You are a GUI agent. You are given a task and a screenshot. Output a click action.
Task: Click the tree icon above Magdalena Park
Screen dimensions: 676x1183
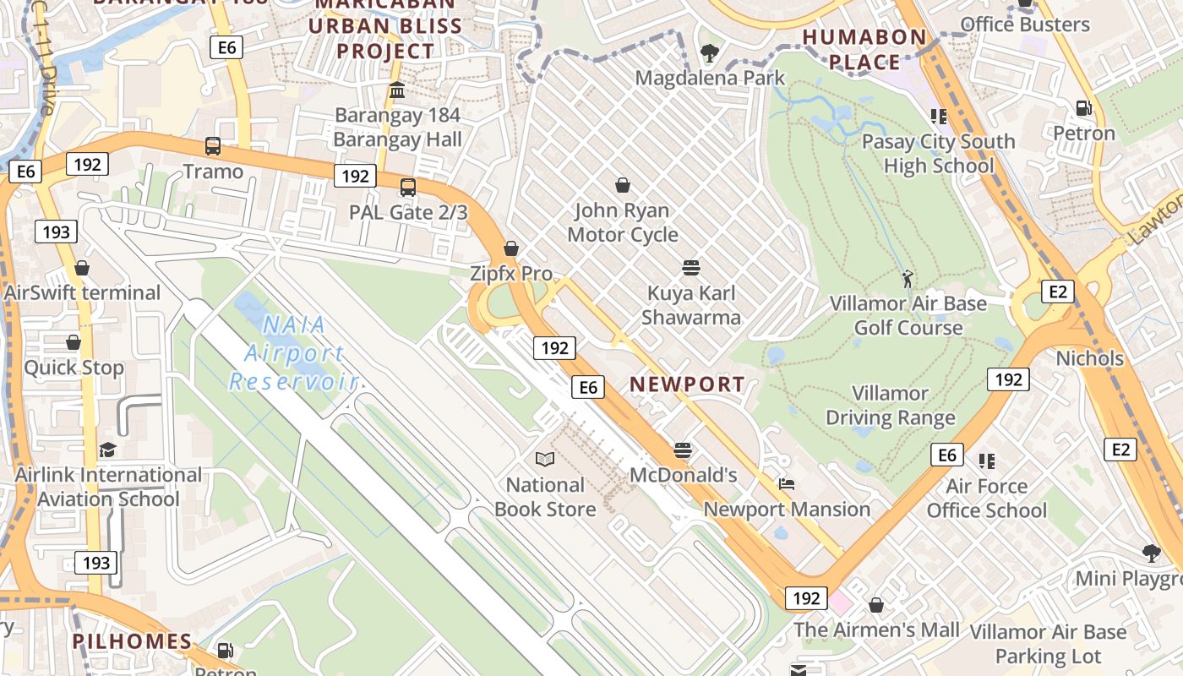[710, 53]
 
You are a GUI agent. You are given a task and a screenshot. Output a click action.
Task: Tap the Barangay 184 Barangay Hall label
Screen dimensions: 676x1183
[397, 127]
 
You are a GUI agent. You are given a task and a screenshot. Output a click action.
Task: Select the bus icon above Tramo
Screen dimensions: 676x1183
[213, 146]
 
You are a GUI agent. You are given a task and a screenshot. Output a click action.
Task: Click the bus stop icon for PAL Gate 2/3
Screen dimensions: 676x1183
[408, 187]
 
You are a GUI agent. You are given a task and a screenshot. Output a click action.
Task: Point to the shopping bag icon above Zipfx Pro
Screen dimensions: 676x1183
[510, 248]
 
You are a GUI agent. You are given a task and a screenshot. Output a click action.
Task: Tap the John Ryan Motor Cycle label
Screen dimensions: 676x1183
[623, 222]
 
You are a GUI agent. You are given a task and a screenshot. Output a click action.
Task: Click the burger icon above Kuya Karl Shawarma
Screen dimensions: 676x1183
[691, 268]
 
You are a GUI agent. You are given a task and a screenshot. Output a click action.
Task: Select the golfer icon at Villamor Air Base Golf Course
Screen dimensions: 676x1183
[908, 278]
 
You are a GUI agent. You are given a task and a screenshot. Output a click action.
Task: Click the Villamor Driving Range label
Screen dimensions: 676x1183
[890, 406]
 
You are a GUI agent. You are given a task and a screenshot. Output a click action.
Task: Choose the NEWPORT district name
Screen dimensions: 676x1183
[687, 384]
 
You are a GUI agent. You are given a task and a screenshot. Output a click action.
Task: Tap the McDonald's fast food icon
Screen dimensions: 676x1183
[683, 450]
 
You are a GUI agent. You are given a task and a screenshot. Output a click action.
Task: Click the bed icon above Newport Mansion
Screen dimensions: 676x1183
[787, 484]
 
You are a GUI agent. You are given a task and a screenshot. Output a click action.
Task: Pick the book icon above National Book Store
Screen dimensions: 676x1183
[545, 459]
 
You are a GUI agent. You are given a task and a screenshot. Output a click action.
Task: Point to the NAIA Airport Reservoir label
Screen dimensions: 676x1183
[293, 353]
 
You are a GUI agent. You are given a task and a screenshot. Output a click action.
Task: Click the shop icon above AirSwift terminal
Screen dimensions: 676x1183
[82, 268]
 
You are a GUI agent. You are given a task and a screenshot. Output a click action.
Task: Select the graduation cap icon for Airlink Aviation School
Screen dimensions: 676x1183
[107, 450]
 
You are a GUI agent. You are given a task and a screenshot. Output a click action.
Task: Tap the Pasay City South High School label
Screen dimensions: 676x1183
[938, 153]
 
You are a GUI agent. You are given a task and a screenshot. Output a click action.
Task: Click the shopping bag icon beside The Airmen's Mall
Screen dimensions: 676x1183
[876, 605]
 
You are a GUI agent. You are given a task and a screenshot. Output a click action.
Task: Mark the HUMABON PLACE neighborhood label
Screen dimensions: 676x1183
[864, 49]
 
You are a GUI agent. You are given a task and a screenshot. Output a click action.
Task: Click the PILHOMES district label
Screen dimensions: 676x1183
[132, 641]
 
